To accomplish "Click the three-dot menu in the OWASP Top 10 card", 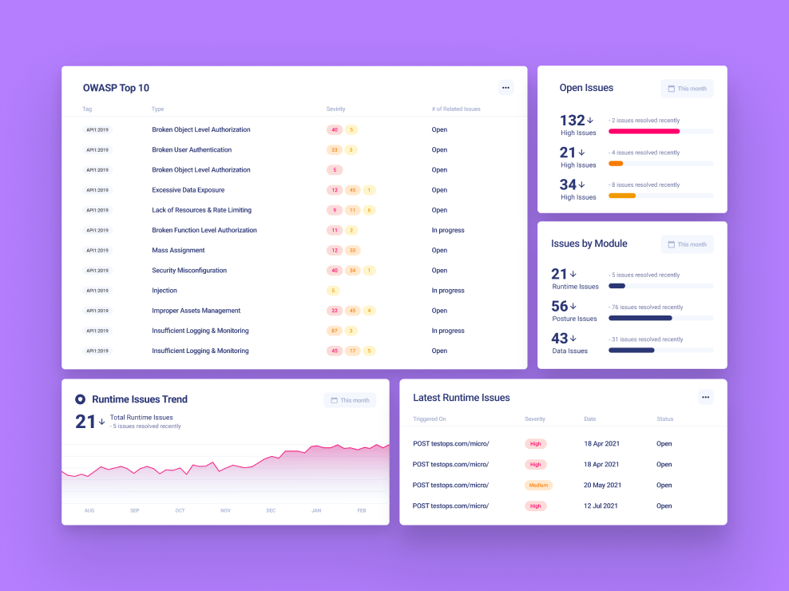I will (x=506, y=88).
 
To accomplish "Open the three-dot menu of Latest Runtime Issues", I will (x=705, y=397).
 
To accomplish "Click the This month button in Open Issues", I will (x=687, y=89).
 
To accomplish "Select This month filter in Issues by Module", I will (x=687, y=244).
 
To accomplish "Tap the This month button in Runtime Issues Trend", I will (x=350, y=400).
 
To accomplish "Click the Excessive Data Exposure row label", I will (x=188, y=190).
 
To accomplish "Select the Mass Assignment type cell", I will (x=178, y=250).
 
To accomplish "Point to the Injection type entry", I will (x=165, y=291).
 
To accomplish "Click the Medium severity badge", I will (x=538, y=485).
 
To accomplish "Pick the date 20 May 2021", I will (x=603, y=485).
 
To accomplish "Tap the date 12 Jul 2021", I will (x=601, y=506).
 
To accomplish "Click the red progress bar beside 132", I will (x=644, y=131).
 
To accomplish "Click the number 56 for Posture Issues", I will (x=560, y=306).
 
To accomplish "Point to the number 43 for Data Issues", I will (x=560, y=339).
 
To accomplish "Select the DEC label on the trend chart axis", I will (x=271, y=510).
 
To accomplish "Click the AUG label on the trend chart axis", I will (x=89, y=510).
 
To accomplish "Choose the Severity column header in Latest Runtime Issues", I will (x=535, y=419).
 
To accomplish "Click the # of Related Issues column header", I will (x=456, y=109).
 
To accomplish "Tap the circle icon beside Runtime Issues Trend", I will (x=80, y=399).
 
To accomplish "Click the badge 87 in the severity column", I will (x=335, y=331).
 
